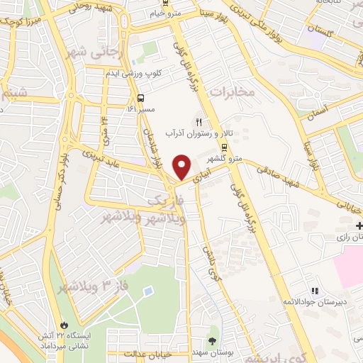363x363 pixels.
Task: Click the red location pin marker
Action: click(183, 166)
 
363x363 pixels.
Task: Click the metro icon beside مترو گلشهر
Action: click(225, 147)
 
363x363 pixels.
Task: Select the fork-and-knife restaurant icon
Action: click(199, 121)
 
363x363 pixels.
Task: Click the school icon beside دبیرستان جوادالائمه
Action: click(315, 291)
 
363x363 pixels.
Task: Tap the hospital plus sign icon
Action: click(360, 225)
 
